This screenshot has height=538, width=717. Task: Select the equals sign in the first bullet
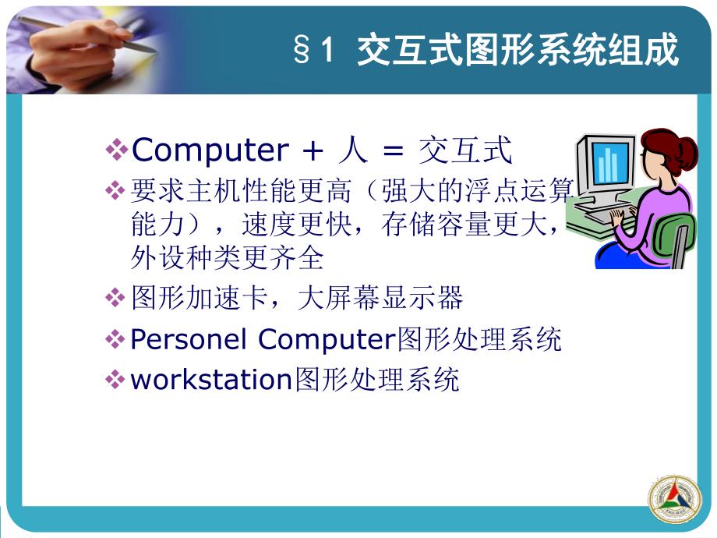pyautogui.click(x=390, y=150)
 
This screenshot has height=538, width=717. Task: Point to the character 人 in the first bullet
pyautogui.click(x=352, y=150)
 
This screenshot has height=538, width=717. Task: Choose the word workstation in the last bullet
pyautogui.click(x=210, y=380)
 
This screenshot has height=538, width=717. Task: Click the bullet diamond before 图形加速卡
pyautogui.click(x=116, y=298)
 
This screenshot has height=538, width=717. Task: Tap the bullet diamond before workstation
pyautogui.click(x=116, y=380)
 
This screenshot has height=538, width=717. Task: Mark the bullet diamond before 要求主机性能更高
pyautogui.click(x=116, y=189)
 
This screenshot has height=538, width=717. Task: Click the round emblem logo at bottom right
pyautogui.click(x=675, y=498)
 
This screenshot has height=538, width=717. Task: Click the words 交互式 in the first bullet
pyautogui.click(x=465, y=150)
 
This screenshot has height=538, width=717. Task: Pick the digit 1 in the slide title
pyautogui.click(x=327, y=52)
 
